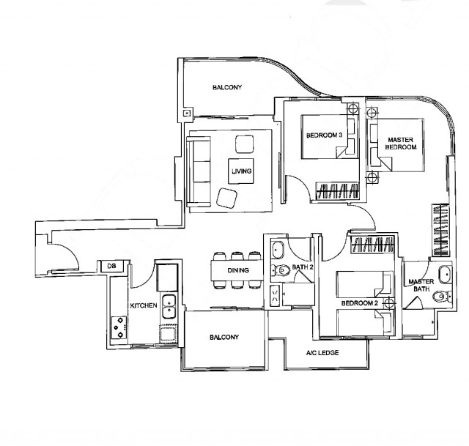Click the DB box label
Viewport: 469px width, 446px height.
(x=111, y=266)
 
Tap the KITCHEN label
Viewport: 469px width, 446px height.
(x=144, y=305)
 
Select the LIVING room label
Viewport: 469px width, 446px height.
(x=241, y=171)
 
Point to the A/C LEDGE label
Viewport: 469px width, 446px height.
(x=322, y=353)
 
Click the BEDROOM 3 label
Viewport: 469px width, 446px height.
(x=324, y=135)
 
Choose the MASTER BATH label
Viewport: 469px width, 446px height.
(x=421, y=286)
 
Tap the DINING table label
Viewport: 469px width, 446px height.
(x=238, y=270)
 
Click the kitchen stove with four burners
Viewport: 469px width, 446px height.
(x=119, y=327)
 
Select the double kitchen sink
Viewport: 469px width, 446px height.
(x=169, y=306)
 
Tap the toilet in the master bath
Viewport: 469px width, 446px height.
(x=443, y=297)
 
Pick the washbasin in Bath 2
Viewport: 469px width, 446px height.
(x=278, y=250)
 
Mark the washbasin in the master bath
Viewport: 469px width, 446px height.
(x=446, y=275)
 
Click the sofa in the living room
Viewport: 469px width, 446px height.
(x=199, y=171)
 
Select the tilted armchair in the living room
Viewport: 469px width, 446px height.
(x=226, y=198)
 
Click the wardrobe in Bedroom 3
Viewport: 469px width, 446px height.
(x=337, y=190)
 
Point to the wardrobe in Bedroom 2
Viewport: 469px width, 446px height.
(x=372, y=244)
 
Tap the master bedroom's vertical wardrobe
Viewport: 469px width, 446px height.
(x=440, y=230)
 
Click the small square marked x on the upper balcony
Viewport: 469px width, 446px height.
(x=187, y=113)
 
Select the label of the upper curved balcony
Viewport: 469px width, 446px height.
(x=227, y=87)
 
